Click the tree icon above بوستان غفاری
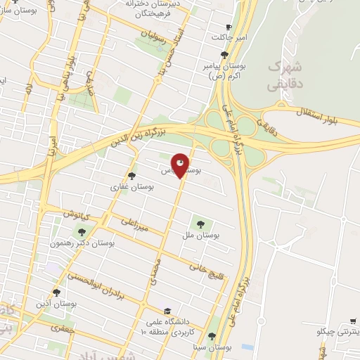(x=131, y=176)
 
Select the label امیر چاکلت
(x=226, y=37)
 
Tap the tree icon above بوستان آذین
(x=56, y=292)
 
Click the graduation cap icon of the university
(x=167, y=311)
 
